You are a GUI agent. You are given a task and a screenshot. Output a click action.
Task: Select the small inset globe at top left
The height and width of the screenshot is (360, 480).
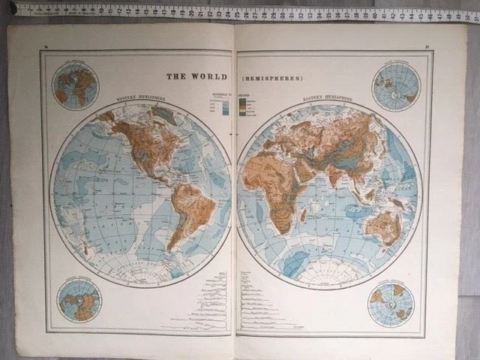74,82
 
